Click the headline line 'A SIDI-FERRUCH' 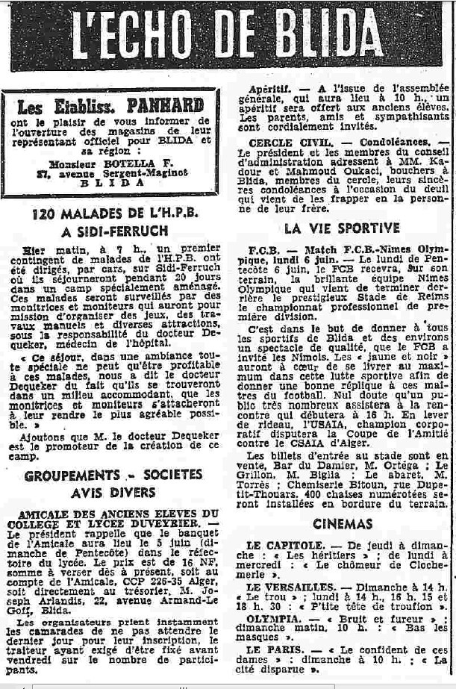113,231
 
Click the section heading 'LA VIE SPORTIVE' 342,228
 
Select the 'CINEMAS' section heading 343,523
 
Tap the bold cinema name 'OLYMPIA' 272,619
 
